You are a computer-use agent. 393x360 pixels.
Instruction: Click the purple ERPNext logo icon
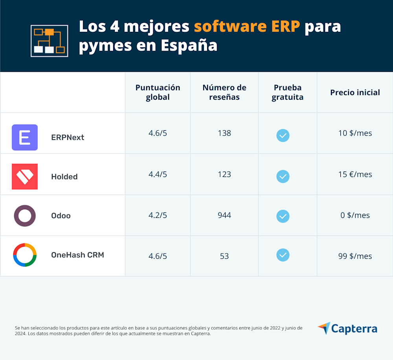pyautogui.click(x=25, y=137)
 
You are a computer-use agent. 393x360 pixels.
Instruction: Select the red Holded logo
pyautogui.click(x=25, y=177)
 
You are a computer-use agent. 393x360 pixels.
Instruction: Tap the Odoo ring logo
pyautogui.click(x=25, y=216)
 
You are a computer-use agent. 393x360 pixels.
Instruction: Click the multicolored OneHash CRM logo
pyautogui.click(x=25, y=255)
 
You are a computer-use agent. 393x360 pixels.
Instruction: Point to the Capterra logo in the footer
pyautogui.click(x=347, y=329)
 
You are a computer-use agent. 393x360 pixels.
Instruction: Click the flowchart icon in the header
pyautogui.click(x=50, y=41)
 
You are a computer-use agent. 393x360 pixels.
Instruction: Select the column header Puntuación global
pyautogui.click(x=158, y=92)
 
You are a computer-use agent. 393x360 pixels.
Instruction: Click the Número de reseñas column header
pyautogui.click(x=224, y=92)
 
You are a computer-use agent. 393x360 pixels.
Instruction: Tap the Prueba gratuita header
pyautogui.click(x=288, y=92)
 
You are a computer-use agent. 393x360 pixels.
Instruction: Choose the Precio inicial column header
pyautogui.click(x=355, y=93)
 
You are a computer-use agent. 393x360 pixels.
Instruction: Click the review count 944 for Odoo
pyautogui.click(x=224, y=215)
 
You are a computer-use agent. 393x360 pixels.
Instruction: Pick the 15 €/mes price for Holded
pyautogui.click(x=355, y=174)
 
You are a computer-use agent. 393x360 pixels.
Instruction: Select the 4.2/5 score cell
pyautogui.click(x=158, y=215)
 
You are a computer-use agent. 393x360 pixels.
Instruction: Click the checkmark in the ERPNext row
pyautogui.click(x=283, y=135)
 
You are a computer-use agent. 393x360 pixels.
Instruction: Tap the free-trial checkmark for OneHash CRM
pyautogui.click(x=283, y=255)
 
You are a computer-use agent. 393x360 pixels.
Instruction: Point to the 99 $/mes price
pyautogui.click(x=355, y=256)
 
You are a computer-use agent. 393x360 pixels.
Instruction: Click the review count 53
pyautogui.click(x=224, y=256)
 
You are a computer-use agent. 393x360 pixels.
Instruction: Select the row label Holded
pyautogui.click(x=64, y=177)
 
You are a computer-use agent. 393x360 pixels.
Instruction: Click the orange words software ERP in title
pyautogui.click(x=247, y=27)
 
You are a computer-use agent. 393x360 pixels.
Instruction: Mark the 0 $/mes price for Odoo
pyautogui.click(x=355, y=215)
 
